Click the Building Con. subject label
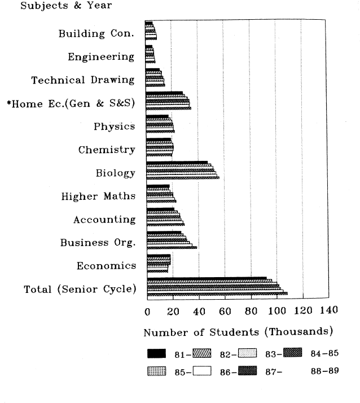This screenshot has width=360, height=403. (x=96, y=33)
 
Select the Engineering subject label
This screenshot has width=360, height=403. (x=101, y=56)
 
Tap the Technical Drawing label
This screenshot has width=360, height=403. (x=83, y=80)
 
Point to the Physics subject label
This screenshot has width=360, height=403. (x=114, y=126)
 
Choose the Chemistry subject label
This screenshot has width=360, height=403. (x=107, y=150)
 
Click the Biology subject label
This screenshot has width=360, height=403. (x=115, y=173)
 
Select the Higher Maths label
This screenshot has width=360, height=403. (x=98, y=196)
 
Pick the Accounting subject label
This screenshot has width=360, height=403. (x=104, y=220)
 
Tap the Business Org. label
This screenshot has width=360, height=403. (x=98, y=243)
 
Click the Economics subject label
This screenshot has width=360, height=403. (x=106, y=266)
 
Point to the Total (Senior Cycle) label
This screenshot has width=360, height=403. (x=80, y=290)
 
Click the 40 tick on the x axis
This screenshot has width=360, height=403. (x=199, y=311)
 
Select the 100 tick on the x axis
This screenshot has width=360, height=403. (x=276, y=311)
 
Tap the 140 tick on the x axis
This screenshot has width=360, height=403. (x=328, y=311)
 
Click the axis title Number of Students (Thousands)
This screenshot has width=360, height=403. (x=238, y=331)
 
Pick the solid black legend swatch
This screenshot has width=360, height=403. (x=156, y=354)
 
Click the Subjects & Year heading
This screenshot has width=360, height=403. (x=58, y=6)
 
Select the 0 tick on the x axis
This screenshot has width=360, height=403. (x=147, y=311)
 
